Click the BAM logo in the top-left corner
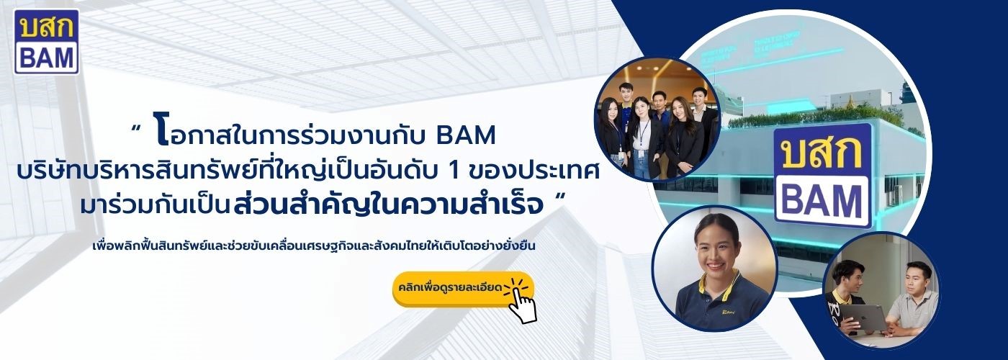click(46, 42)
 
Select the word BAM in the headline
click(466, 135)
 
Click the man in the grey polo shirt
click(913, 301)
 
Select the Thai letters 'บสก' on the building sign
click(822, 152)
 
